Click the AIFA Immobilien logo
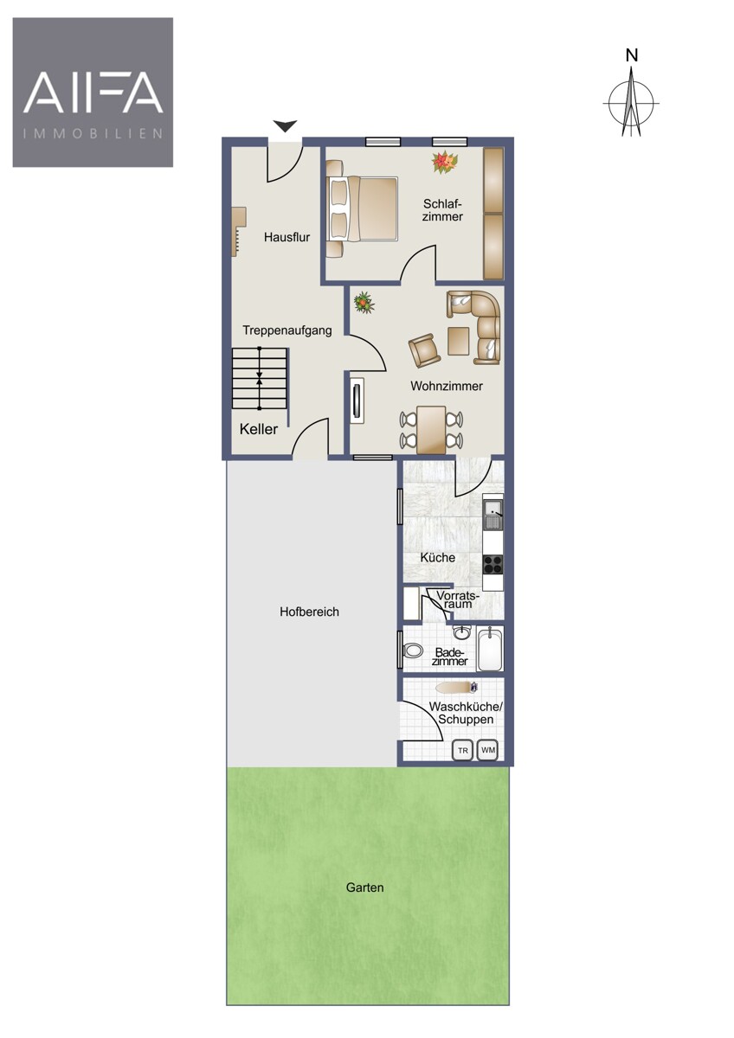click(x=93, y=93)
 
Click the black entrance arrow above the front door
click(x=285, y=125)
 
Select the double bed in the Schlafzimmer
click(x=362, y=208)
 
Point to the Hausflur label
click(x=287, y=237)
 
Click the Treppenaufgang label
click(x=287, y=330)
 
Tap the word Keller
click(x=259, y=429)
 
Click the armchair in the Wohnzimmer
click(x=424, y=350)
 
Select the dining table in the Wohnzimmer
click(x=431, y=430)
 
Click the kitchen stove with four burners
click(x=493, y=564)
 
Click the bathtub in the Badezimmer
click(x=490, y=649)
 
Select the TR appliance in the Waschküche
click(x=463, y=751)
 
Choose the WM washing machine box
click(x=488, y=751)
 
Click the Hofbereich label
click(x=309, y=612)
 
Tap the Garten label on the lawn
click(x=365, y=887)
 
